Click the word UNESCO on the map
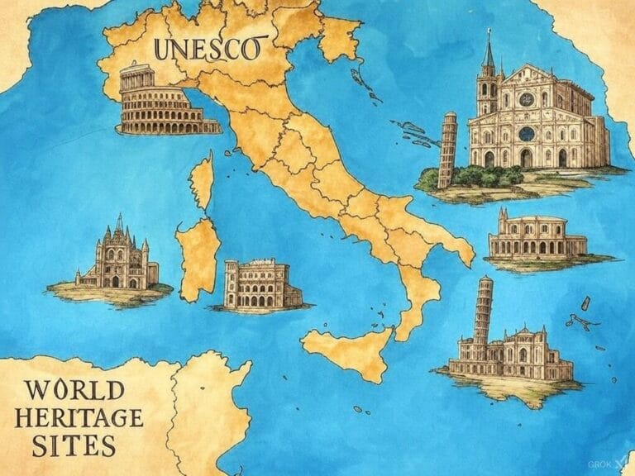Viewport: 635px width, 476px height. (206, 49)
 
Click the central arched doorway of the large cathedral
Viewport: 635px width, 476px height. (526, 158)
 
